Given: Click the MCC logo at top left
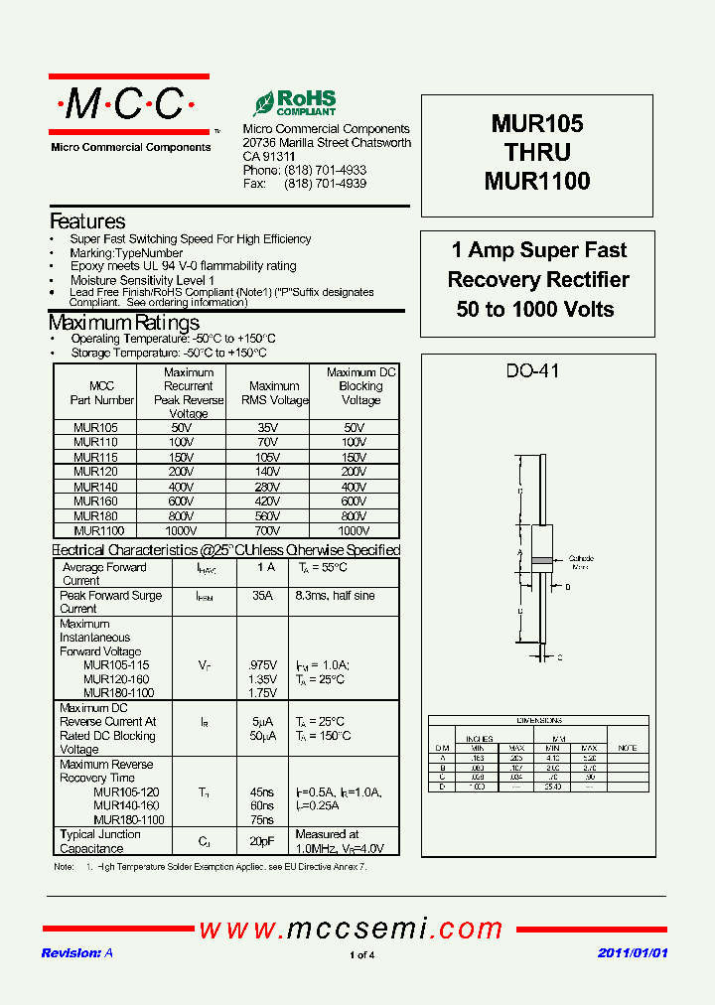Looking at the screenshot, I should [129, 104].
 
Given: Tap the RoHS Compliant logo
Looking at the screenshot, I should [295, 103].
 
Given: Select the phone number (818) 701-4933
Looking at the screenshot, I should [325, 171].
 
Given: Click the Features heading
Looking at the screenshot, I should [87, 221].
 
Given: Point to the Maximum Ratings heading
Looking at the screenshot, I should [124, 323].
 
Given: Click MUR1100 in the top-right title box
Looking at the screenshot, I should [537, 182].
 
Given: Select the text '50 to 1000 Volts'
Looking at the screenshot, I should [535, 309].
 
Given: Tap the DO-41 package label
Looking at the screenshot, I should [532, 370].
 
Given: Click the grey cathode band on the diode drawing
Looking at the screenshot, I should [542, 561].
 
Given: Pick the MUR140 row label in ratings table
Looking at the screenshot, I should [95, 487].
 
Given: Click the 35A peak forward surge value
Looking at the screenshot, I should [262, 595].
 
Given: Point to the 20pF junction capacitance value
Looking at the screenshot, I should [262, 841].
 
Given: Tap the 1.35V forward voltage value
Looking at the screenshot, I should [261, 679].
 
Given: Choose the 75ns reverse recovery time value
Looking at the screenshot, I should [261, 820].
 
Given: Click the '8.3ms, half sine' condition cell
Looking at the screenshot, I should [335, 595].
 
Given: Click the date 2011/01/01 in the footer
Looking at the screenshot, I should [633, 952].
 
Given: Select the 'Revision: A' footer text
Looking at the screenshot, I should [77, 952].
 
